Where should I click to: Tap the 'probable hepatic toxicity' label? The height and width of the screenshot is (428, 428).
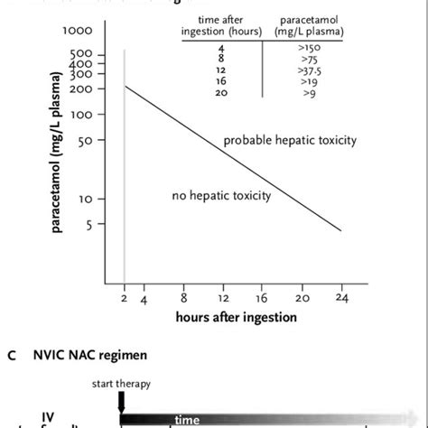pyautogui.click(x=291, y=140)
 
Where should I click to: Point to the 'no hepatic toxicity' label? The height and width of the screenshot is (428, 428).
pyautogui.click(x=220, y=195)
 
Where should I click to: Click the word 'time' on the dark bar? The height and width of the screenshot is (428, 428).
pyautogui.click(x=187, y=420)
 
